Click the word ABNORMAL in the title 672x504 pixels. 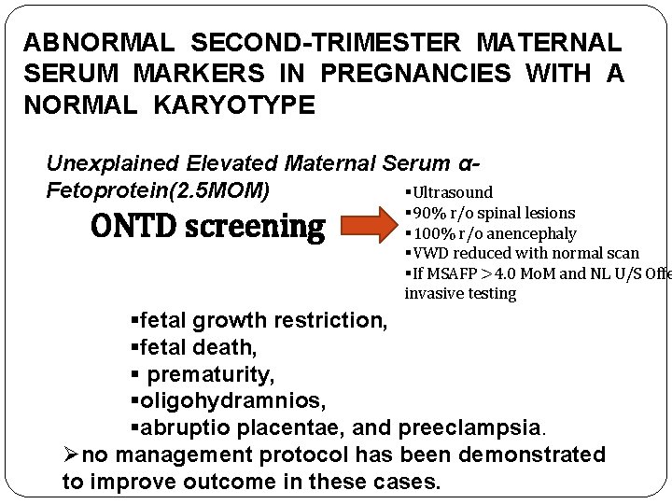pos(98,43)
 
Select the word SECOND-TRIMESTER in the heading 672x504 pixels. pos(327,43)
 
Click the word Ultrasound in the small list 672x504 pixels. pos(452,192)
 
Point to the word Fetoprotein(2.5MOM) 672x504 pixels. pos(159,191)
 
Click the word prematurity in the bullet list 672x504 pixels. pos(210,375)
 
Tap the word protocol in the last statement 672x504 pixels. pos(308,455)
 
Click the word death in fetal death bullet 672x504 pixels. pos(224,347)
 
